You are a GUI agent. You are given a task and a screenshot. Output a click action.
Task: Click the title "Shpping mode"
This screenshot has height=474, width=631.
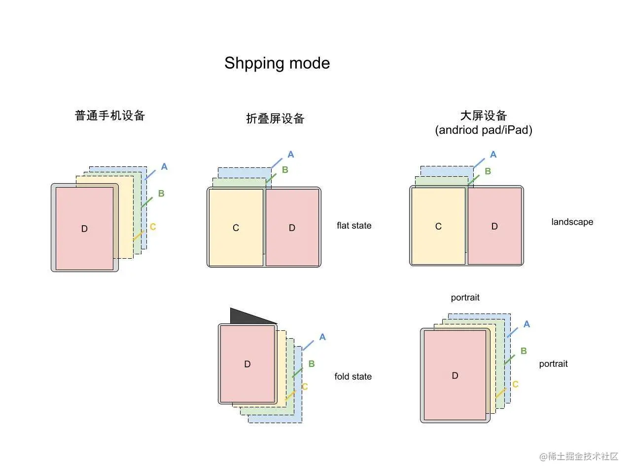point(277,63)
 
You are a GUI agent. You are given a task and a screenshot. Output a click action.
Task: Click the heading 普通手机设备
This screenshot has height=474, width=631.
point(110,116)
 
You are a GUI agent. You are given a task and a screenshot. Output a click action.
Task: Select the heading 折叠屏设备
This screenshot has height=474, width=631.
point(275,118)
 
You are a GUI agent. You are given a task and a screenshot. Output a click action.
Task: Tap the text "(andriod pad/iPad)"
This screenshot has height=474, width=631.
point(483,130)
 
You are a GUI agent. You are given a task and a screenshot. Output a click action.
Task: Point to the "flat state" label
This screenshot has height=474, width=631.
point(354,226)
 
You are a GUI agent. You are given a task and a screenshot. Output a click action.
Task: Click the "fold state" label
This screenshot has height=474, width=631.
point(353,377)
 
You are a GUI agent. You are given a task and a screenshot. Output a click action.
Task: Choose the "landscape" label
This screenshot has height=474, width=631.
point(572,222)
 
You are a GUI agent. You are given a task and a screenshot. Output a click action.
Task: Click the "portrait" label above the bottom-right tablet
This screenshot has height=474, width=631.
point(465,297)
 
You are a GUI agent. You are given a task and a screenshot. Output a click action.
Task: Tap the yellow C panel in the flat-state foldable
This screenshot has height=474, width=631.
point(236,228)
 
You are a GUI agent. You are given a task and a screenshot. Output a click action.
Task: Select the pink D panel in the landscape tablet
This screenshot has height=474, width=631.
point(494,226)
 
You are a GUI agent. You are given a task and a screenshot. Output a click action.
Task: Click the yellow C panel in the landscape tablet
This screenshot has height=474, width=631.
point(438,226)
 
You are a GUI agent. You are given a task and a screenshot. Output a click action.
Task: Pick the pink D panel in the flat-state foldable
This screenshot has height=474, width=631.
point(292,228)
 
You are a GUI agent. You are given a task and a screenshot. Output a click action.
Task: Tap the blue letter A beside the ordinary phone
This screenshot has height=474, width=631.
point(164,167)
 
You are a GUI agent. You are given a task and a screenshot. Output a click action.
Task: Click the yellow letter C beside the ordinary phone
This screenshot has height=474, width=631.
point(153,227)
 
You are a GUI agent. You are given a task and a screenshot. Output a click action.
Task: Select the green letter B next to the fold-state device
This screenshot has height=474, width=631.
point(312,364)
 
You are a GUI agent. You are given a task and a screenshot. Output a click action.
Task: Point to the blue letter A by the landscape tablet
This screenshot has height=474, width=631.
point(493,155)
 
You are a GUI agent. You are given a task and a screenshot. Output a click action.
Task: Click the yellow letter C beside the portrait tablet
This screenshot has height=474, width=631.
point(515,384)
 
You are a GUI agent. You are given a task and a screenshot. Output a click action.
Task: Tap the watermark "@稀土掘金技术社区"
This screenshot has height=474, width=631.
point(579,456)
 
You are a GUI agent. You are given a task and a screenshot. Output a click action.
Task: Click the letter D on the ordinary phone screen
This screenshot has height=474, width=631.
point(84,229)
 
